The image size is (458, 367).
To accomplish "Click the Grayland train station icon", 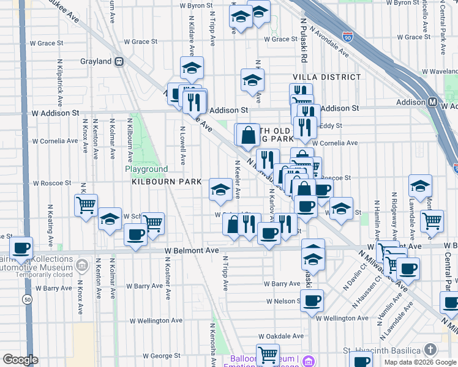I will click(119, 62).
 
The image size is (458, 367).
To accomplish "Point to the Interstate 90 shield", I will click(348, 37).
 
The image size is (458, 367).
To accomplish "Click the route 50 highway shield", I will click(28, 300).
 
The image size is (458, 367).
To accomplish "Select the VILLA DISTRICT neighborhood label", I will click(327, 77).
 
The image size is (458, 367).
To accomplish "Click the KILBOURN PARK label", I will click(158, 182).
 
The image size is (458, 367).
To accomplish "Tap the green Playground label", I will click(146, 169).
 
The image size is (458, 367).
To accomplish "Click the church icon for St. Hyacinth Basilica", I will click(430, 349).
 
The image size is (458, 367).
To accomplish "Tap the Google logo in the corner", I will click(20, 359).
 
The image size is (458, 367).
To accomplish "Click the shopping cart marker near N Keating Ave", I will click(86, 204).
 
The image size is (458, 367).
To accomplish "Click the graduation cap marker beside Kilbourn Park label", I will click(220, 189).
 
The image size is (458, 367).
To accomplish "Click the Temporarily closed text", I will click(46, 275).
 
